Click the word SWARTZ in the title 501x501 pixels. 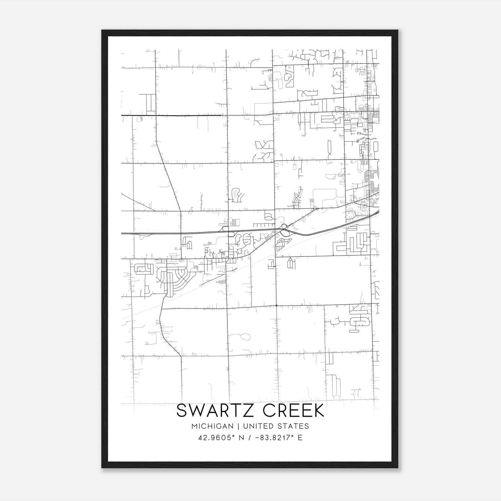point(217,411)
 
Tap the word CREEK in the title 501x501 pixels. point(293,411)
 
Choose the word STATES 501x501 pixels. point(294,426)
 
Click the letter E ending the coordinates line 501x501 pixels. point(300,437)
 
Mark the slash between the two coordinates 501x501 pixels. point(250,437)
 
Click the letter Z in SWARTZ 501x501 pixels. point(250,411)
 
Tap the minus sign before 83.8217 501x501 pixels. point(257,437)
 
